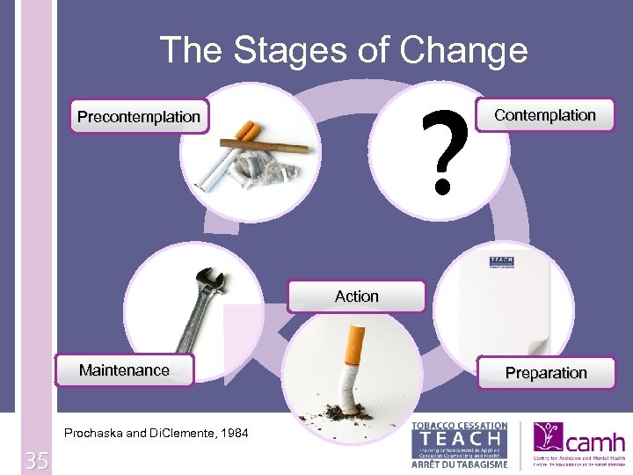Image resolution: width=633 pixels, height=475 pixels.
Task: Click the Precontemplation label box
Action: tap(139, 117)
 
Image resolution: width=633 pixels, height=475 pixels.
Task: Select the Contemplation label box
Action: tap(545, 115)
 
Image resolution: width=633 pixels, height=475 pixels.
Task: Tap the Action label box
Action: tap(356, 296)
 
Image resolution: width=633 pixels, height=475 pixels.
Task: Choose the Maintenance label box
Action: tap(124, 370)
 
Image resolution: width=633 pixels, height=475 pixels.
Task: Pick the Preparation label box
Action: tap(546, 373)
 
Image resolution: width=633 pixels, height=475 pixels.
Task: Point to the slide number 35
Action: tap(36, 460)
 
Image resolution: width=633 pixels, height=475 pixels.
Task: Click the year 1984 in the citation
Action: tap(232, 433)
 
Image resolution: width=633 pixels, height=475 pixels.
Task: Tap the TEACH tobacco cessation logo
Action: tap(459, 443)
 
